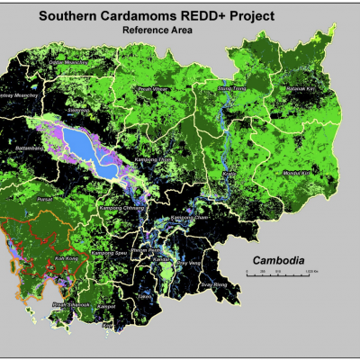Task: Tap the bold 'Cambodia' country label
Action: coord(278,262)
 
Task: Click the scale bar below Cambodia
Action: coord(278,273)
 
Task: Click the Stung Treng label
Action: coord(231,89)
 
